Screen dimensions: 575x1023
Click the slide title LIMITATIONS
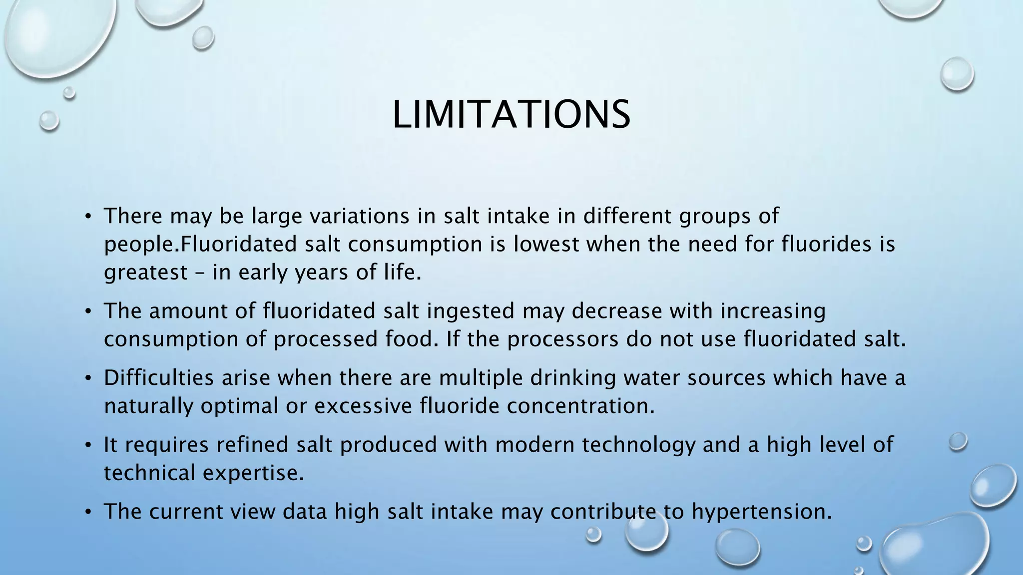coord(511,115)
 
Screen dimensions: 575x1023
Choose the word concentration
coord(580,406)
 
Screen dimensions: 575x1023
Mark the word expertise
coord(253,473)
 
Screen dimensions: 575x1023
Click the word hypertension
coord(762,512)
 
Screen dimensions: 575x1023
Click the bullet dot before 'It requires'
coord(88,445)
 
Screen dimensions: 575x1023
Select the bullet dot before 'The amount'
coord(88,311)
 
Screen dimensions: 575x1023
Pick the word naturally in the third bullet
coord(148,406)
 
